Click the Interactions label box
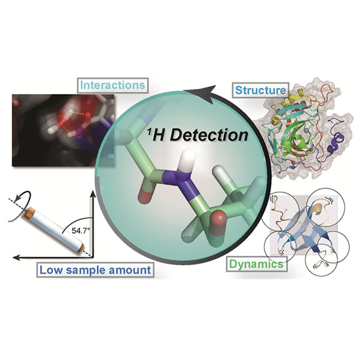click(x=113, y=85)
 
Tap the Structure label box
click(x=261, y=90)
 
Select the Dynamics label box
click(x=256, y=264)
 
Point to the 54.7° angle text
click(x=79, y=230)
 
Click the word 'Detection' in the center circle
click(x=209, y=135)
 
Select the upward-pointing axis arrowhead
click(x=93, y=194)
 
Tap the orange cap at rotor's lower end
click(x=81, y=247)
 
